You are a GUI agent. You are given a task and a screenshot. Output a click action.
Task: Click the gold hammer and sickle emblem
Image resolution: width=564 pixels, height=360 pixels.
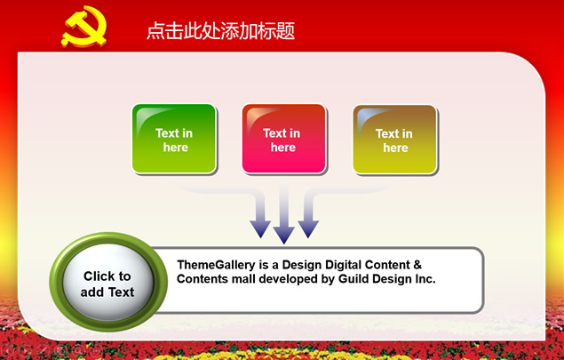coord(84,27)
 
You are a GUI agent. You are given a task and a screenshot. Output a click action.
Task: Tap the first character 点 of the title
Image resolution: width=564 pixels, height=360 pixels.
coord(155,30)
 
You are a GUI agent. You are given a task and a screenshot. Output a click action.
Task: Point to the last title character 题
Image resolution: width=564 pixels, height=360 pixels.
coord(286,30)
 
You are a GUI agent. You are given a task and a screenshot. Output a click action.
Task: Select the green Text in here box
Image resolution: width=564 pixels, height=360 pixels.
coord(174,139)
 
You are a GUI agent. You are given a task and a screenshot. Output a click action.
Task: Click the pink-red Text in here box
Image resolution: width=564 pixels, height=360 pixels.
coord(284,139)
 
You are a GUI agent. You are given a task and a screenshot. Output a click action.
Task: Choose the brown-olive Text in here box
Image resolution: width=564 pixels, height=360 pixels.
coord(395,140)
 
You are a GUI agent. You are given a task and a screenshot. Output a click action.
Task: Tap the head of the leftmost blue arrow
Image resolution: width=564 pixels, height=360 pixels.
coord(260,229)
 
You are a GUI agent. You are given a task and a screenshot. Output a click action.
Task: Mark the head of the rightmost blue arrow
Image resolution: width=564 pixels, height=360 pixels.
coord(308,229)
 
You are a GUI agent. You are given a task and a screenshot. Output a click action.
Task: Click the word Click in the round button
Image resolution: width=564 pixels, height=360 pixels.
coord(97,276)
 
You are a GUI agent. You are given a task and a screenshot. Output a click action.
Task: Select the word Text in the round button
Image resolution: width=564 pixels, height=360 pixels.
coord(121,292)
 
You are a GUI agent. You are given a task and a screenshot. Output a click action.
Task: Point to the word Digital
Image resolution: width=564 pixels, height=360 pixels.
coord(344,265)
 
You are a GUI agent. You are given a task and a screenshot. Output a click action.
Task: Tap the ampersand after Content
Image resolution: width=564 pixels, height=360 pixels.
coord(417,265)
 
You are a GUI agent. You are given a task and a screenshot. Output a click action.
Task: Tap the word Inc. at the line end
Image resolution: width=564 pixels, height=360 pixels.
coord(425,279)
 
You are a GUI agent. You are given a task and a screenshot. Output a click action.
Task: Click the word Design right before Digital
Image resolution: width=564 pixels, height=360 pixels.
coord(301,265)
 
